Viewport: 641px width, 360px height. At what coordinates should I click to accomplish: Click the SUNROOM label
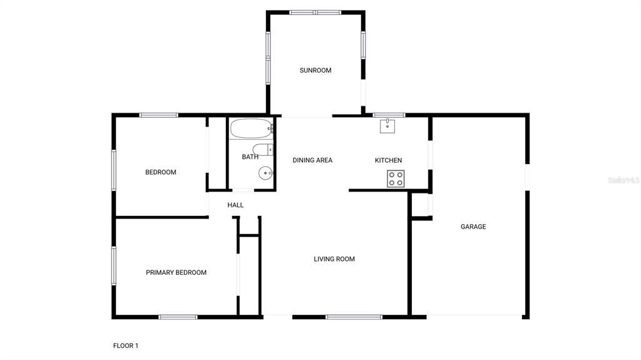coord(315,71)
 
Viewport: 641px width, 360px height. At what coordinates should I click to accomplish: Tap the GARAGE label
coord(473,227)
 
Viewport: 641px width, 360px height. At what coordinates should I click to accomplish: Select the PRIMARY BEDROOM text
coord(176,272)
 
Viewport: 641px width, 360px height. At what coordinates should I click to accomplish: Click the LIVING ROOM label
coord(334,259)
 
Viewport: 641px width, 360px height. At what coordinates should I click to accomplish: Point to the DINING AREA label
coord(312,160)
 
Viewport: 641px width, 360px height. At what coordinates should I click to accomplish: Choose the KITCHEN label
coord(388,160)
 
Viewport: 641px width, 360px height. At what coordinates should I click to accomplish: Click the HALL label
coord(235,205)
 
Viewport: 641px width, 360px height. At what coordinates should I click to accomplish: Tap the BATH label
coord(250,157)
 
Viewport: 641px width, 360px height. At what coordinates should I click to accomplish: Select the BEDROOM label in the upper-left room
coord(161,172)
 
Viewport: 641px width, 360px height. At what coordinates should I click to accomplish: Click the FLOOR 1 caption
coord(126,346)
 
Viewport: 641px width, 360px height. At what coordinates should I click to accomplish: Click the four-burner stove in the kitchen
coord(396,178)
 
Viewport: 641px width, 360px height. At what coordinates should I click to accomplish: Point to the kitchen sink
coord(387,126)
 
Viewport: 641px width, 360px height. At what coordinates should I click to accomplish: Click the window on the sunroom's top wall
coord(315,12)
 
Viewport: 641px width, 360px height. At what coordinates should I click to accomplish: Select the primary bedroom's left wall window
coord(114,265)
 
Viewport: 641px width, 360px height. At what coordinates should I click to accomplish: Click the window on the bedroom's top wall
coord(159,115)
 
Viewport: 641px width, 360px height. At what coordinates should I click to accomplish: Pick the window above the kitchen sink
coord(389,115)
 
